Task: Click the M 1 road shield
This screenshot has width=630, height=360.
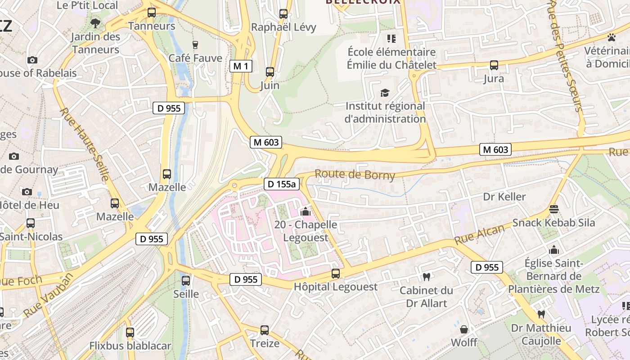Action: (241, 67)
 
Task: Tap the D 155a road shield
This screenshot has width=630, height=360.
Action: (282, 184)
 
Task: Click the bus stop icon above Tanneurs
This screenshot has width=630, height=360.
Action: (152, 13)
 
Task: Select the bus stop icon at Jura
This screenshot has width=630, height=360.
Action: (494, 65)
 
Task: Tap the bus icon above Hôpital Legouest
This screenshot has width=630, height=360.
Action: (336, 273)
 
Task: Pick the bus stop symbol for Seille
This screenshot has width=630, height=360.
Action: (186, 281)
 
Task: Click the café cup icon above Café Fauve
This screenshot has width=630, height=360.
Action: (195, 45)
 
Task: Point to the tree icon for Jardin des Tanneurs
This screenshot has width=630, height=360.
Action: (95, 23)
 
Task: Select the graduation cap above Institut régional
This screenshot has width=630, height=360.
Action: (385, 93)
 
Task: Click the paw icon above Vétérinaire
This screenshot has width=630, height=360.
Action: (611, 37)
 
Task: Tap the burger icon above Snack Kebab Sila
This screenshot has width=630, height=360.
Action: (553, 209)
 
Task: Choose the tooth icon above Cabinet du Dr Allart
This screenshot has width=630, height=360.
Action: (427, 277)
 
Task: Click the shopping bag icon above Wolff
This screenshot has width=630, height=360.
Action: (464, 329)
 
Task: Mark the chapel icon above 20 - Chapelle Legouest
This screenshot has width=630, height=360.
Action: (306, 211)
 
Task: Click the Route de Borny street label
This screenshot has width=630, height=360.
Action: (355, 175)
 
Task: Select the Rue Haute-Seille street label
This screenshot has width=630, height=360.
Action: (85, 144)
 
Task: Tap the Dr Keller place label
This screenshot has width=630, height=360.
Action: (504, 197)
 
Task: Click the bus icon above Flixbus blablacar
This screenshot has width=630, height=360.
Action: (130, 333)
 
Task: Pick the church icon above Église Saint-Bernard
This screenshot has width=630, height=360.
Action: (554, 249)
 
